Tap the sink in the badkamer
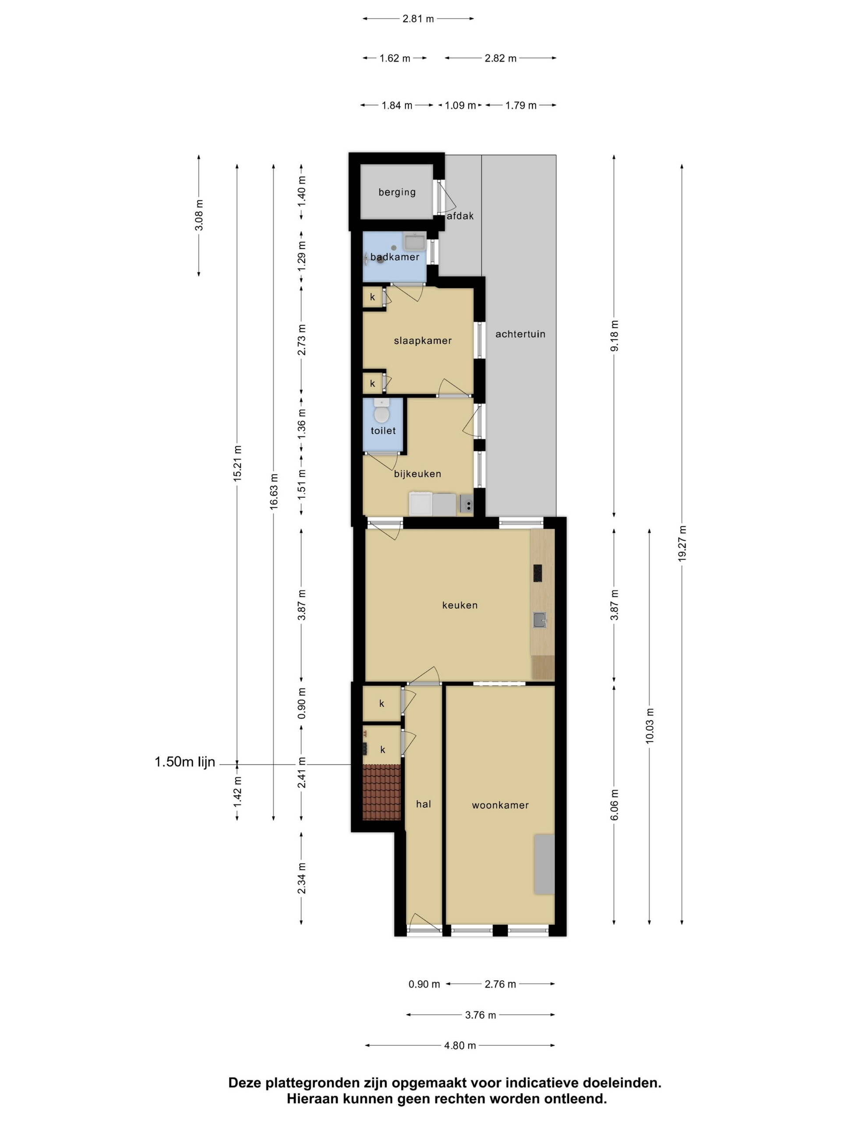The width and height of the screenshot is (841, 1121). point(415,242)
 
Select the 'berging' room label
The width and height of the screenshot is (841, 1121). point(397,192)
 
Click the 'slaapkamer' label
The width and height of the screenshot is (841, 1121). point(423,341)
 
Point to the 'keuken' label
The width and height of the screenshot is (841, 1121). point(460,605)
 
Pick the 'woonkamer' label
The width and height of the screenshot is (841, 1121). point(500,805)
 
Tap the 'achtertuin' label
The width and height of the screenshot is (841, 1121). point(520,334)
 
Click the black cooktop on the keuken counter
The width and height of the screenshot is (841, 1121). point(537,573)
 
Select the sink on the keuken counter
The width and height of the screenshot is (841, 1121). point(539,620)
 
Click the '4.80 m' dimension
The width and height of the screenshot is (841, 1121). point(460,1045)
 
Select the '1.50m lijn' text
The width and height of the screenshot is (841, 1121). point(185,761)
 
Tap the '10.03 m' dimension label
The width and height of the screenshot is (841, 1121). point(650,726)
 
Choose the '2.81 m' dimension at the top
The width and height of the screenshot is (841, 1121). point(418,19)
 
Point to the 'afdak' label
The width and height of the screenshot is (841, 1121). point(460,216)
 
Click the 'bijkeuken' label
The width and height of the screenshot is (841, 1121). point(417,474)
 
